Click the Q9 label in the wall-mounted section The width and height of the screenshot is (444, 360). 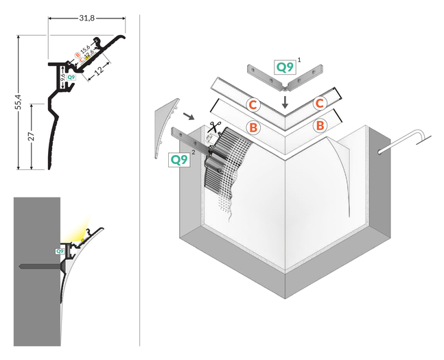[x=60, y=252]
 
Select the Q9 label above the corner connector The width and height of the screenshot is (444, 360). [x=284, y=67]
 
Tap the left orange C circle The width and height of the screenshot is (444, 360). [x=253, y=105]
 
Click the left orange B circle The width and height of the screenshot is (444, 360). [x=253, y=127]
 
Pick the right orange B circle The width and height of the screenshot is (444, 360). [x=319, y=125]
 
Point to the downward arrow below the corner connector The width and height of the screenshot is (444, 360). [x=285, y=103]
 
